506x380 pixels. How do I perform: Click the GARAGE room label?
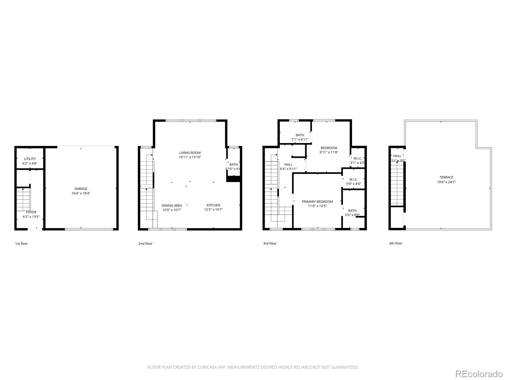click(81, 189)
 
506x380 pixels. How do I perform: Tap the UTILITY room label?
click(30, 159)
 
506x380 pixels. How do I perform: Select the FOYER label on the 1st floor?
click(31, 212)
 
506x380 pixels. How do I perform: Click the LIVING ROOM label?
click(190, 153)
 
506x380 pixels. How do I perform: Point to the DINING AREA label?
click(172, 206)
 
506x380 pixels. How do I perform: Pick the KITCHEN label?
click(213, 205)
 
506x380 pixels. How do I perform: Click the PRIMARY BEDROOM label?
click(317, 202)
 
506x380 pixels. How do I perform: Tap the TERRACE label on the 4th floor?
click(446, 177)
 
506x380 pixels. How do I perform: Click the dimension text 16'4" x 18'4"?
click(81, 193)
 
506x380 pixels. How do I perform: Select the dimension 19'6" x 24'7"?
click(446, 182)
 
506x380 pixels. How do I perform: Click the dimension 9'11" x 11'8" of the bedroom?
click(329, 152)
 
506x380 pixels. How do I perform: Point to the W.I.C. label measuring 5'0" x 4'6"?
click(353, 179)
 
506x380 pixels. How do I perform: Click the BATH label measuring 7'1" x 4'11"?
click(300, 135)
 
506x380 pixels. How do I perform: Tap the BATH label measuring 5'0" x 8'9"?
click(352, 211)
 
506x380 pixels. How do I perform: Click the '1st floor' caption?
click(22, 244)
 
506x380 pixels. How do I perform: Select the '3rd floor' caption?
click(270, 244)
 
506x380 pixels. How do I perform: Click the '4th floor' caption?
click(396, 243)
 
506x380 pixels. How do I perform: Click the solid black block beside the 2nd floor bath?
click(234, 179)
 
